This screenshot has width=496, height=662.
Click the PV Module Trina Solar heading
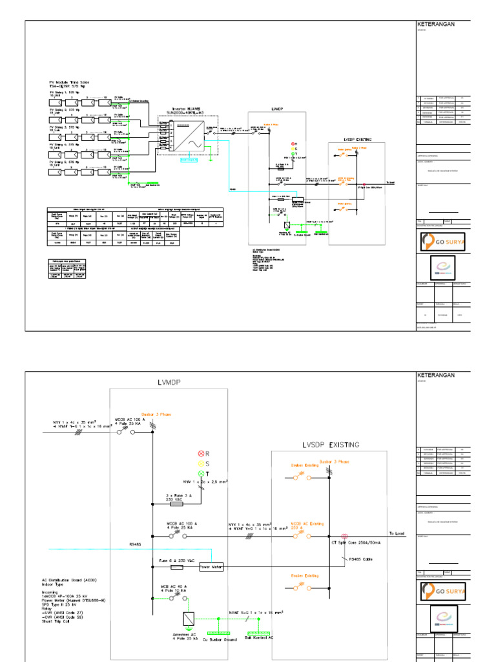[x=72, y=83]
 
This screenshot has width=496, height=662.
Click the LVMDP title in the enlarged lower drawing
[x=168, y=383]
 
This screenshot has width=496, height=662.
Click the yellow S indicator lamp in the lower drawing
[x=201, y=463]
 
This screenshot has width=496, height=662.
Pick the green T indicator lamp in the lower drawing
[x=201, y=474]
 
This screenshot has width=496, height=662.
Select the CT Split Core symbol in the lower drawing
[x=344, y=536]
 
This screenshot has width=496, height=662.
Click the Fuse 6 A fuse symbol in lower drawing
[x=176, y=567]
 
